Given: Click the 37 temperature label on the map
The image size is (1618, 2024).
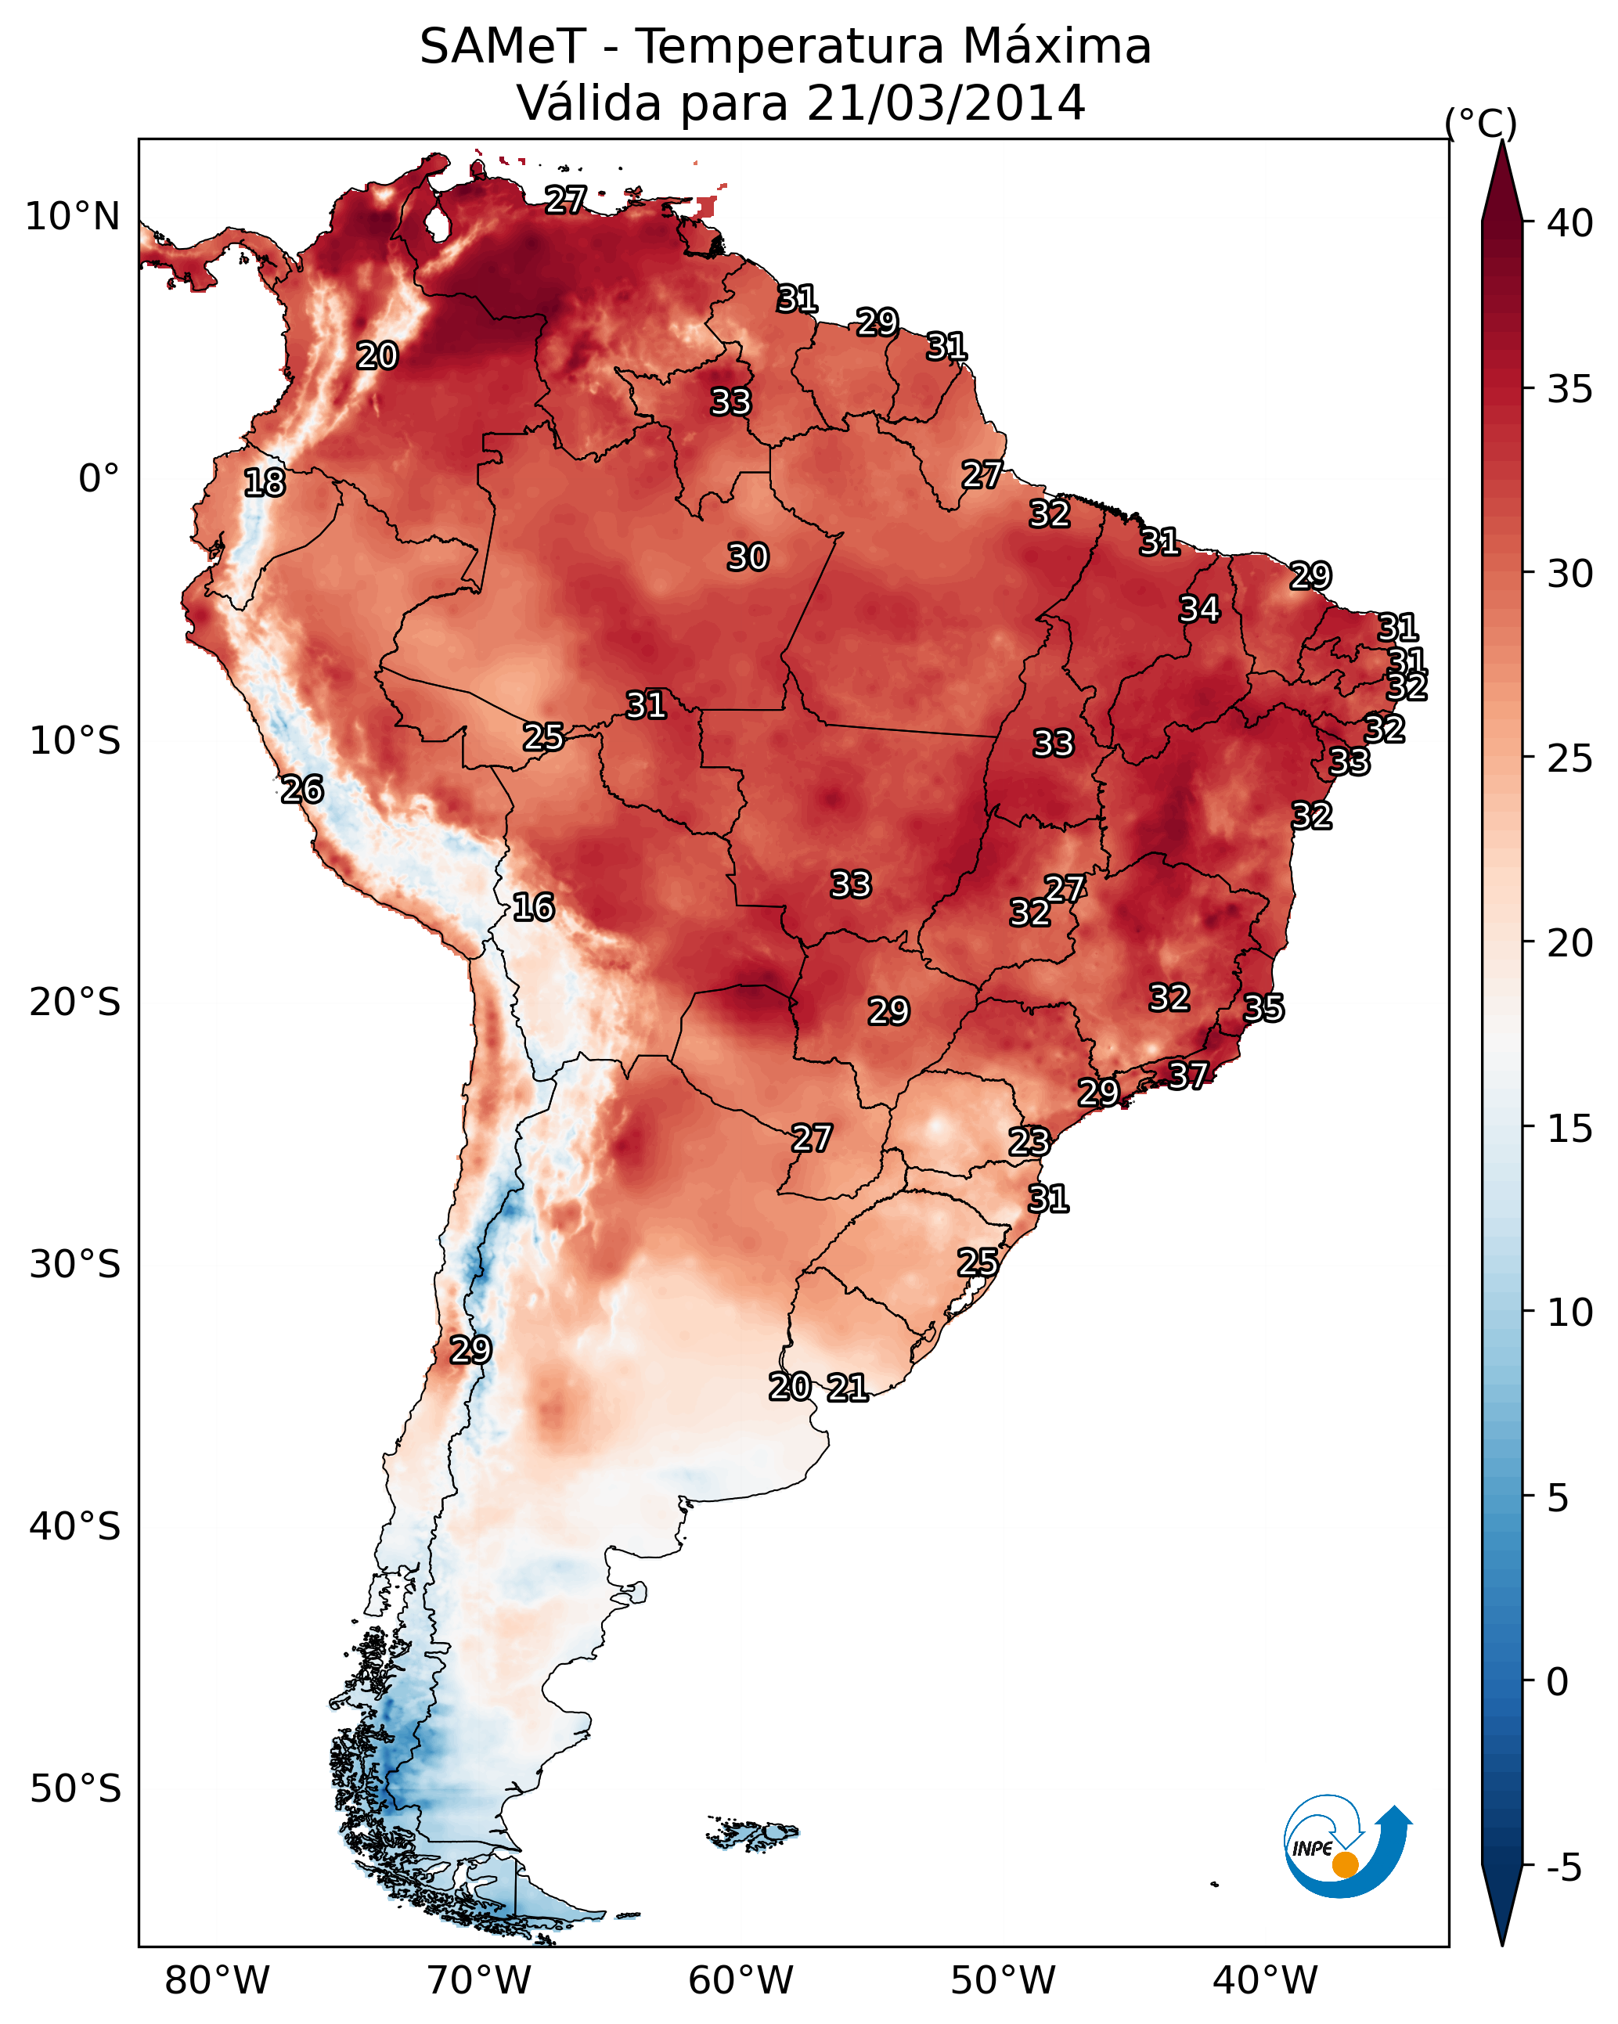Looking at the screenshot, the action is pos(1188,1075).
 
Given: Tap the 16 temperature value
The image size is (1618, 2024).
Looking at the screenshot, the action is pos(533,907).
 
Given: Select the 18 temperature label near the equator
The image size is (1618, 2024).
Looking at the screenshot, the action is pos(265,483).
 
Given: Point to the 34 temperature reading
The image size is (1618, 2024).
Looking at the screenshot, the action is pos(1200,609).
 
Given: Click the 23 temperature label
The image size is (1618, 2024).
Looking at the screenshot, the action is pos(1029,1142).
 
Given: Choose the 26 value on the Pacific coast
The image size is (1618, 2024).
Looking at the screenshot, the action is pos(302,790).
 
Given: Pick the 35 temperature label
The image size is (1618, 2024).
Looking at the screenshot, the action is pos(1264,1008).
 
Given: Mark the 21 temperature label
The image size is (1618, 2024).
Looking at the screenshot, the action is pos(848,1388).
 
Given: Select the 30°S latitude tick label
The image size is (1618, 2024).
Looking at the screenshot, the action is pos(75,1265).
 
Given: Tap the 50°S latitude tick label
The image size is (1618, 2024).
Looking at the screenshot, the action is pos(75,1789).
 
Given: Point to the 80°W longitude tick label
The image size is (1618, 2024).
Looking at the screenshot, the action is pos(217,1980).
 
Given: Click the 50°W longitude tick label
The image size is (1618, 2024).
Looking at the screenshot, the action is pos(1003,1980).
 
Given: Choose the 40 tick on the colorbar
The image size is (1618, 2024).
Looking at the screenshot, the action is pos(1570,223).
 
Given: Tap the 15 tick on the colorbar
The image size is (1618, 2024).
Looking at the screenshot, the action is pos(1570,1129).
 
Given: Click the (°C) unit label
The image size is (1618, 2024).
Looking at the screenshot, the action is pos(1481,123).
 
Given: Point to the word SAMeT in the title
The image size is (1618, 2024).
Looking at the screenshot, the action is pos(503,47).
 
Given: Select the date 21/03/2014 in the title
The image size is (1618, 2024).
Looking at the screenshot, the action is pos(946,103).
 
